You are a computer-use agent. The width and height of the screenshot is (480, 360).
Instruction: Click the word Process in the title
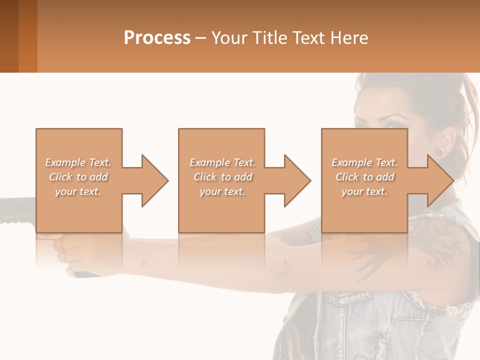tap(157, 38)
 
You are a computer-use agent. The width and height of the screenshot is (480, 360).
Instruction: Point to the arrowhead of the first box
tap(155, 180)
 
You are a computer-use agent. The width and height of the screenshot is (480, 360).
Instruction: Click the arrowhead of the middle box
tap(297, 180)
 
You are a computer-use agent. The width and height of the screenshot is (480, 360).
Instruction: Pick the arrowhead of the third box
tap(440, 180)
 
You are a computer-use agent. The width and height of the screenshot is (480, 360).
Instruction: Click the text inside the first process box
tap(78, 177)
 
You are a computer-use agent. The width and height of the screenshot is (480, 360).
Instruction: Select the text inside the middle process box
tap(222, 177)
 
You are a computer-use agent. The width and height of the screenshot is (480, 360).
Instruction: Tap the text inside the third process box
tap(364, 177)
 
